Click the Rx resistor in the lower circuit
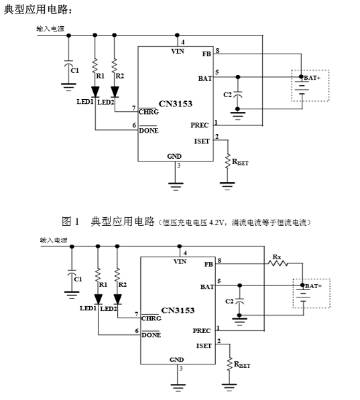point(278,263)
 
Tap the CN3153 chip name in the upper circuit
point(176,104)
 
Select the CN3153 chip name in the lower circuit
point(178,310)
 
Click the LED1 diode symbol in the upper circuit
point(95,92)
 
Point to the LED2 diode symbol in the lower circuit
point(117,299)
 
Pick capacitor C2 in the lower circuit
point(239,301)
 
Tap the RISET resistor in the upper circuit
point(227,161)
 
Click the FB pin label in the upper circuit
point(206,54)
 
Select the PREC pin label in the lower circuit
point(202,330)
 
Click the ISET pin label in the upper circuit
point(202,141)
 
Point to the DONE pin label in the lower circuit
point(151,335)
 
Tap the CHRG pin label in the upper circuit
point(149,112)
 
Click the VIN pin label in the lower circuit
point(180,261)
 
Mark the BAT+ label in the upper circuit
point(312,78)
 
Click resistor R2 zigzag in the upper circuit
point(115,65)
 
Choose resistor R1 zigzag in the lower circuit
point(98,275)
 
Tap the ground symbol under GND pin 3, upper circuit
point(176,186)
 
